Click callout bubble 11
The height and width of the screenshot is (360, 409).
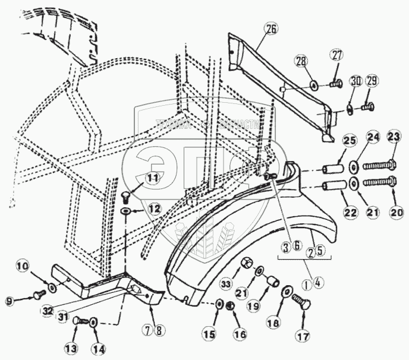(153, 177)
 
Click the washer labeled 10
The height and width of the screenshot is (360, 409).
(52, 288)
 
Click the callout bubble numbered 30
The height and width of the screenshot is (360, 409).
(355, 80)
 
